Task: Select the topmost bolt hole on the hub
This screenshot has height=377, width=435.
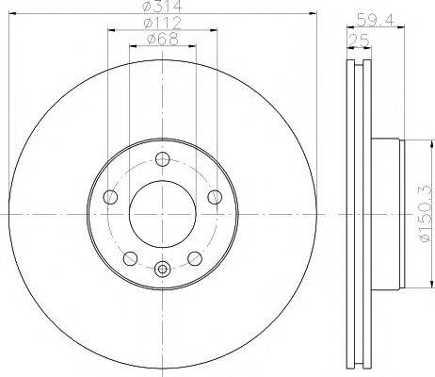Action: coord(162,159)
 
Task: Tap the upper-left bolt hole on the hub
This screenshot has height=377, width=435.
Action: coord(110,197)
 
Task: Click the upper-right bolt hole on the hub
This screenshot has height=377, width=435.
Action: coord(215,197)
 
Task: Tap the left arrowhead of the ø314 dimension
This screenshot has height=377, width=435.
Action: coord(13,17)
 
